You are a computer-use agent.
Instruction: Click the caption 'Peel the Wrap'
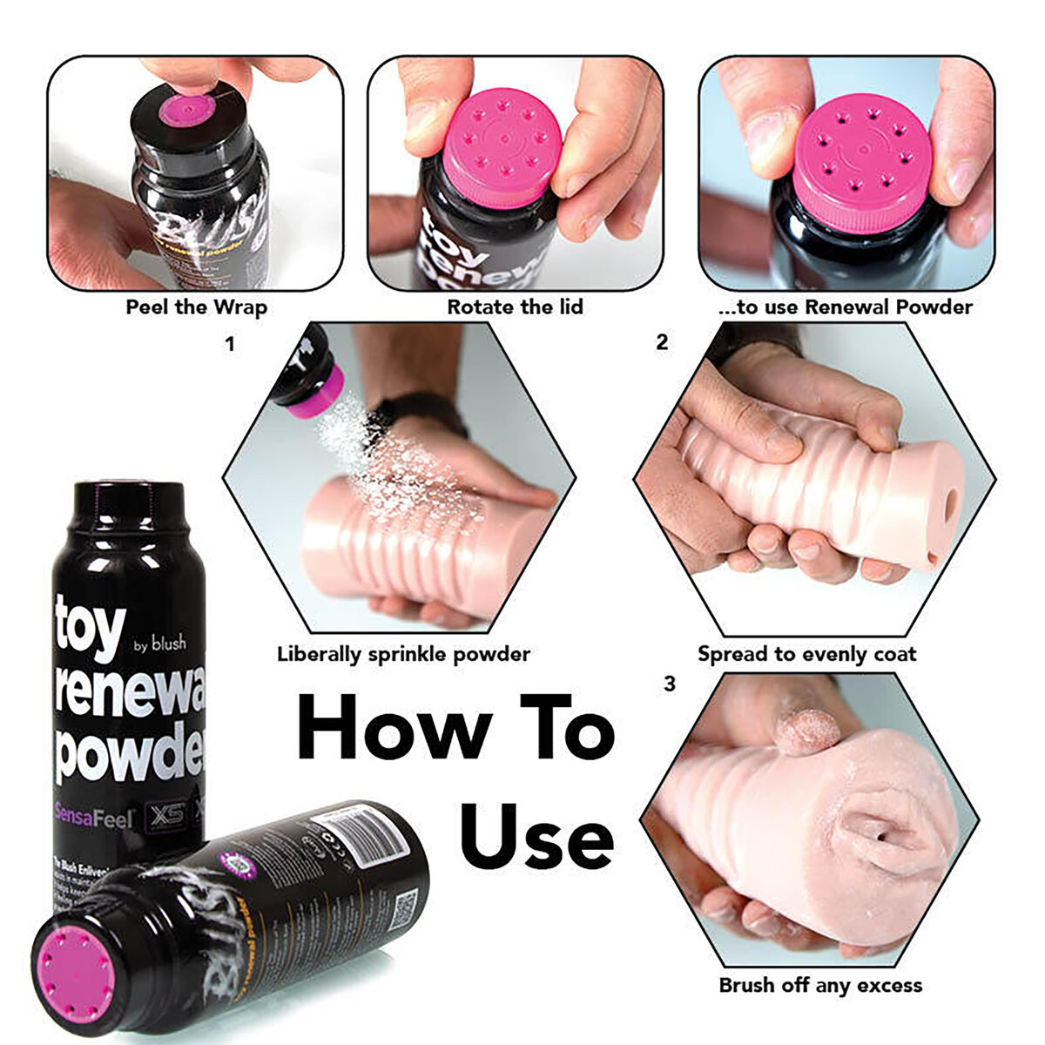point(196,307)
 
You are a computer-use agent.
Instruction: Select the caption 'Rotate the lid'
point(515,307)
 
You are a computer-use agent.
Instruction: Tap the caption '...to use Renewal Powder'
point(846,307)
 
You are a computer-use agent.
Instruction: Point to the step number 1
point(230,345)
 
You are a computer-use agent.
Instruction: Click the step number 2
point(662,343)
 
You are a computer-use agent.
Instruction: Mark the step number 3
point(669,684)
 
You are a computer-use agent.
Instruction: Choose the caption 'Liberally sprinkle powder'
point(403,654)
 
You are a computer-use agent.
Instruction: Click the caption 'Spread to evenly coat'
point(806,654)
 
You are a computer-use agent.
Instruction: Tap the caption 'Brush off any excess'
point(819,986)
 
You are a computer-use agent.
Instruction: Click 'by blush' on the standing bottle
point(159,644)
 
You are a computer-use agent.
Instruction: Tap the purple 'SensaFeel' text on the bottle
point(94,819)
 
